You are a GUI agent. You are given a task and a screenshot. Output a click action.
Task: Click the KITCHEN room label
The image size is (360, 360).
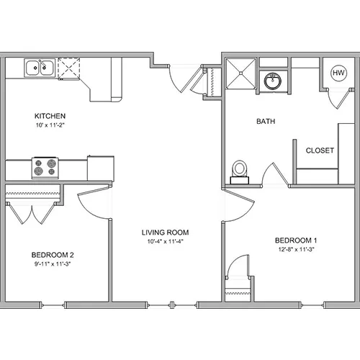coord(50,116)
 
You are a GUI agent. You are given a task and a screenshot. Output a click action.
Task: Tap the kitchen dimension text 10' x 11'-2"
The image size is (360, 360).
coord(50,125)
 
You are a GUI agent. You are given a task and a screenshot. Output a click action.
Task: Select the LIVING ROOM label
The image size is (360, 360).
coord(165,233)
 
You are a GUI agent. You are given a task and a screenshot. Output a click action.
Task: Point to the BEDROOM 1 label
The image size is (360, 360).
coord(296,240)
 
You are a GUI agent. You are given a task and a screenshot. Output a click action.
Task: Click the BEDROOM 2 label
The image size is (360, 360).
coord(53,255)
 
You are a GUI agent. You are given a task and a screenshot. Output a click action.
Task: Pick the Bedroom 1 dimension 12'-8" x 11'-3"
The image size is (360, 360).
coord(296,249)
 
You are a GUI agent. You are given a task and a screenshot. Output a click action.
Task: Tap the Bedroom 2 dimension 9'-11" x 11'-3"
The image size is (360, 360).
coord(53,264)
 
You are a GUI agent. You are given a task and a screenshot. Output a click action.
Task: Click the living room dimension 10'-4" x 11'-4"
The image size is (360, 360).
coord(166,241)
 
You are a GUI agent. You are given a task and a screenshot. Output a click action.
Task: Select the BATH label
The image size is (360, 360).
coord(266,121)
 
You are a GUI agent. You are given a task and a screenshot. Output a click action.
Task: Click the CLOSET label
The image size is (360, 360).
coord(320,150)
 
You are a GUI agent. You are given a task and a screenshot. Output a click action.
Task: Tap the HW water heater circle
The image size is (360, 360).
coord(338,73)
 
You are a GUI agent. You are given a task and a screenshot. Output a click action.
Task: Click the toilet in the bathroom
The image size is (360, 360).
coord(239,172)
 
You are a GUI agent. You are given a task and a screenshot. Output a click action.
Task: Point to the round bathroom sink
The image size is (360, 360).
coord(273,81)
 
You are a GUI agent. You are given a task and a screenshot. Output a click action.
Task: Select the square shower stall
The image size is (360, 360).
coord(240,73)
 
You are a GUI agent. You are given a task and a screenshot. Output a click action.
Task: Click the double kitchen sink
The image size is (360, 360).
coord(40,68)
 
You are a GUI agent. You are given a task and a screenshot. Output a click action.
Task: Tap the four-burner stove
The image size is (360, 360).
coord(45,168)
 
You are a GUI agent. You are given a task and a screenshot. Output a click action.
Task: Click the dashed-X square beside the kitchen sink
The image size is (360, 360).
coord(69,68)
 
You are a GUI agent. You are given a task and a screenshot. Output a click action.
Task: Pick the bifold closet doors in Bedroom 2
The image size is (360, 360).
coord(32,213)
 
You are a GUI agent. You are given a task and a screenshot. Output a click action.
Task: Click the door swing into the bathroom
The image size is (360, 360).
coord(274,174)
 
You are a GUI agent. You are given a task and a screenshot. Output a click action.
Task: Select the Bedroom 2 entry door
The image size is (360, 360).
coord(94,202)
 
